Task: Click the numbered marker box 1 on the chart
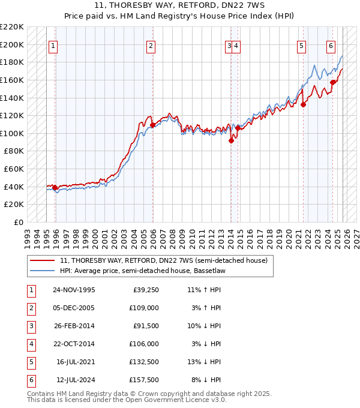[53, 46]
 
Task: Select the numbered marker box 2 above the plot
[151, 46]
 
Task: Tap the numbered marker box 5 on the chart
[301, 46]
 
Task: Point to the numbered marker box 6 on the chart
[331, 46]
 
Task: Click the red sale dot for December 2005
[153, 125]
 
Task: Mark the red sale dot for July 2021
[304, 104]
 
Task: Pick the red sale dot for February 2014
[232, 141]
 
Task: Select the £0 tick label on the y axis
[17, 222]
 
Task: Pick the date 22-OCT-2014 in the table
[74, 344]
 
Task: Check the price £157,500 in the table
[144, 380]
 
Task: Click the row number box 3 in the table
[29, 326]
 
